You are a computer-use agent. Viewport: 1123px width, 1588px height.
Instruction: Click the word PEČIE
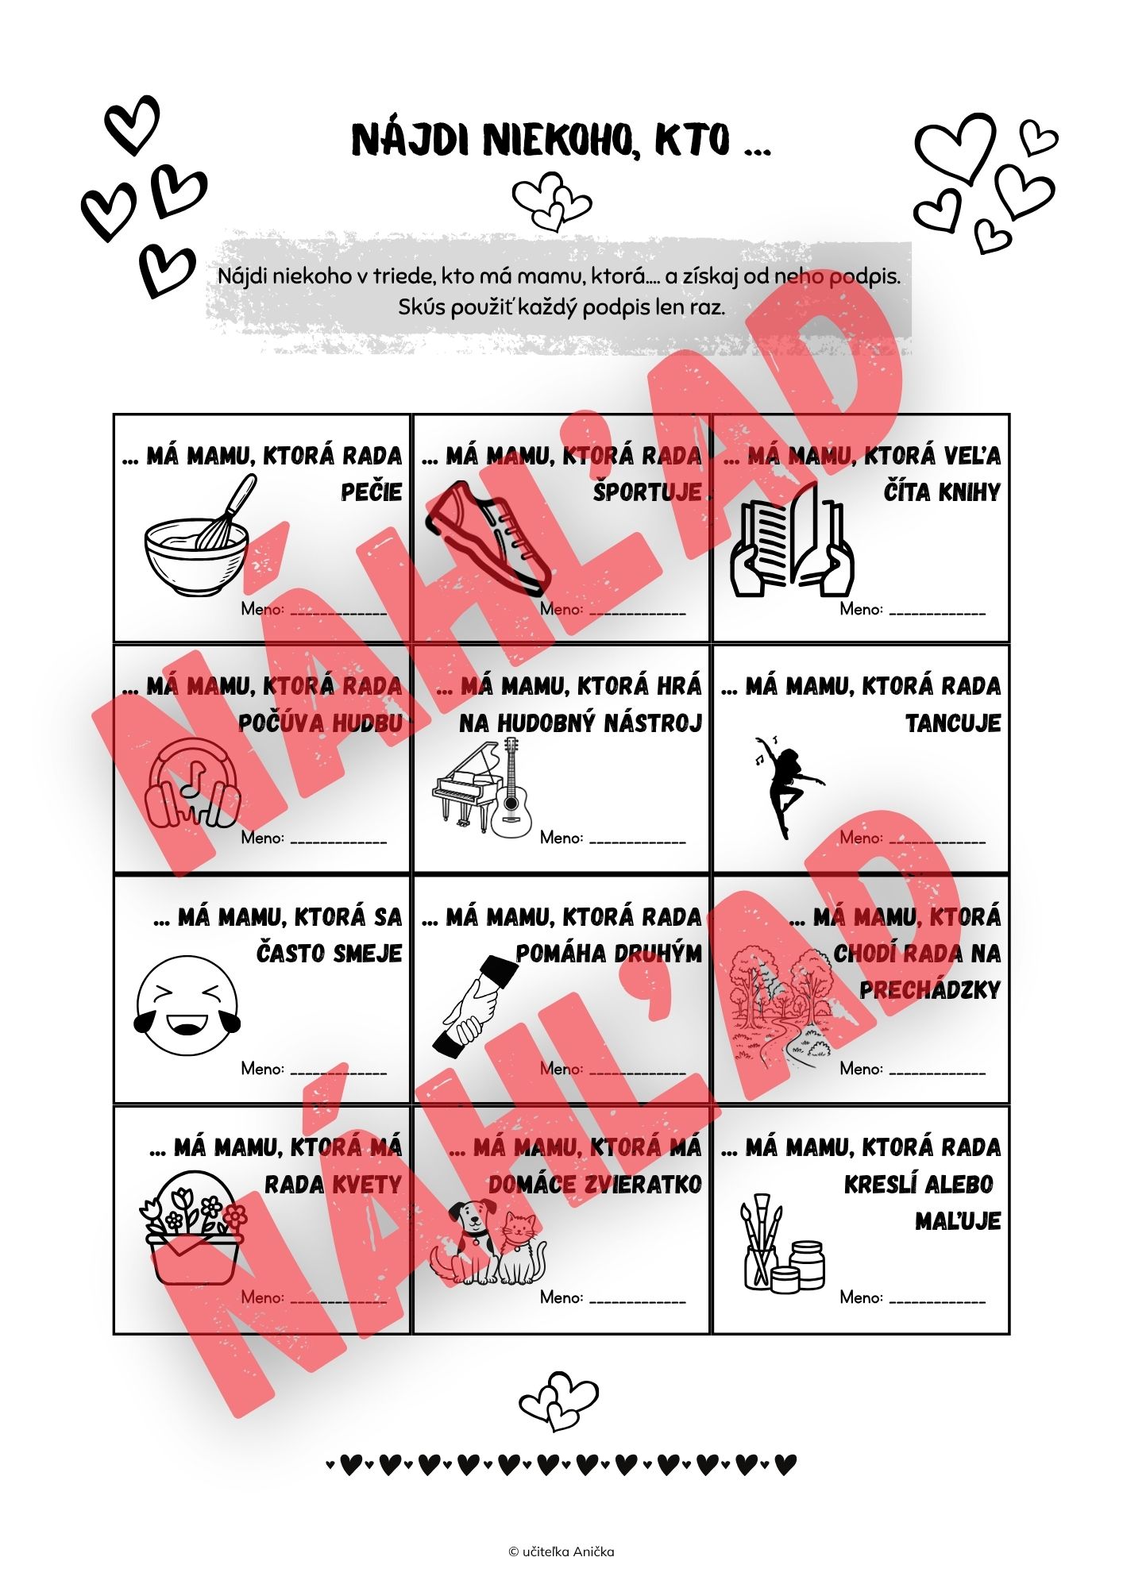coord(372,492)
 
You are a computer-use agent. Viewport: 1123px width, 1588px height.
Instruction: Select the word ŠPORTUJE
coord(647,492)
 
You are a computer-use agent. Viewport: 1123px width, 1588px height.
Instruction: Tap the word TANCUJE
coord(953,723)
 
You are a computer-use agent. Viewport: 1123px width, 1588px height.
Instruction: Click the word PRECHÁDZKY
coord(930,990)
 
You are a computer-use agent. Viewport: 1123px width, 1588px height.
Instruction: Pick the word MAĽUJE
coord(958,1221)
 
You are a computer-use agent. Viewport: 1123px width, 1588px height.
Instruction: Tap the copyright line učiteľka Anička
coord(561,1551)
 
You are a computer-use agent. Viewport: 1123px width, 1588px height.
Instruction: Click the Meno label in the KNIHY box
coord(862,610)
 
